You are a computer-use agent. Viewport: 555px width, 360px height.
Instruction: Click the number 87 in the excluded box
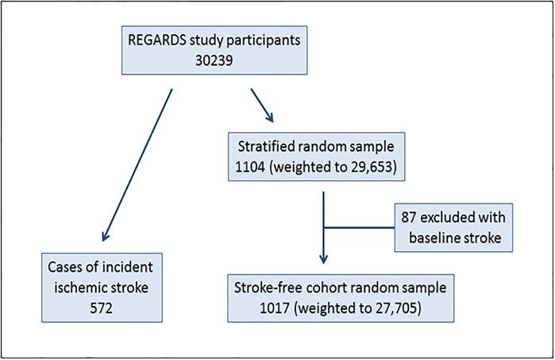tap(417, 215)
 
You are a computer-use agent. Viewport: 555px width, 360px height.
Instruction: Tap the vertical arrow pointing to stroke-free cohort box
tap(323, 230)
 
